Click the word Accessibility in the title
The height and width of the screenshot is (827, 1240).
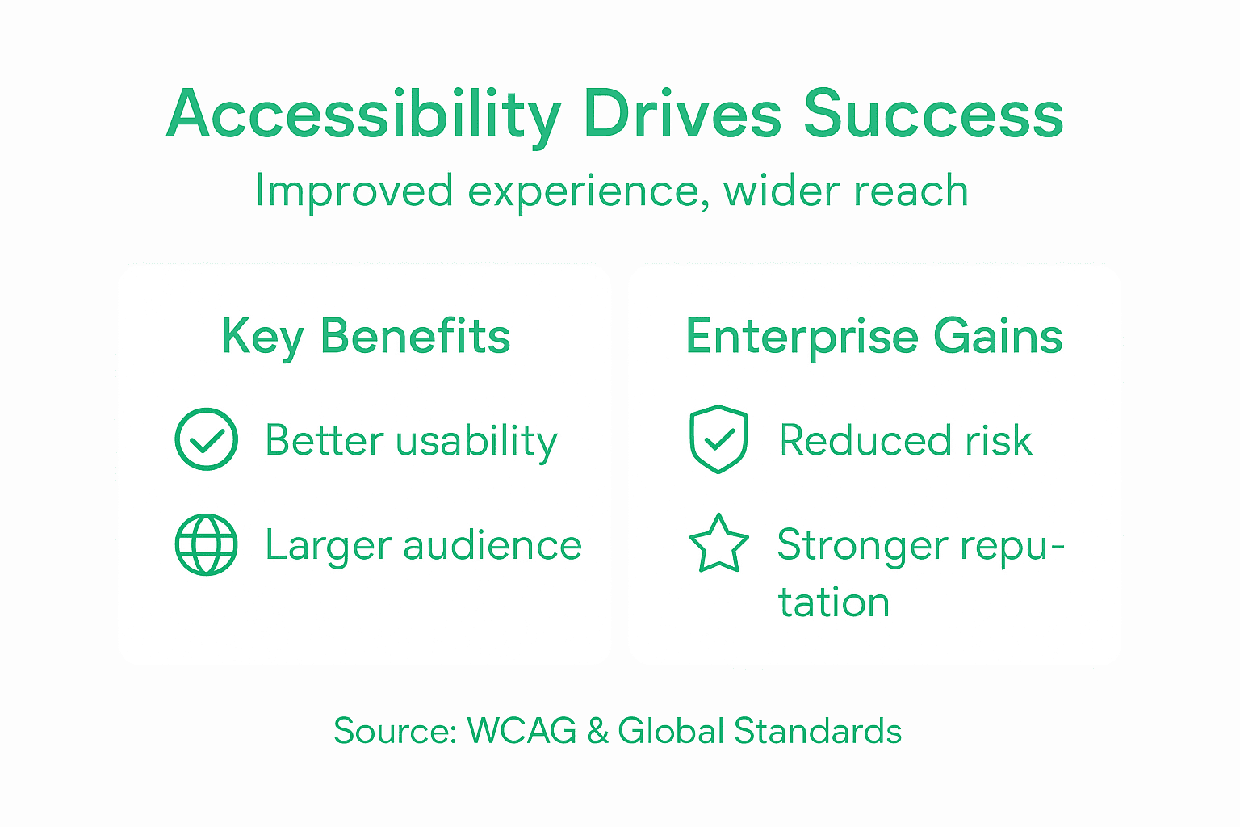pos(363,115)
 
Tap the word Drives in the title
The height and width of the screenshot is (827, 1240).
pos(682,115)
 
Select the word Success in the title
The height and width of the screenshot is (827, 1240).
pos(933,115)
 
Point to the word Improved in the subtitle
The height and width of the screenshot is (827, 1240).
pos(354,192)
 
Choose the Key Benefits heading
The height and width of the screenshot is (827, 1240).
pos(366,337)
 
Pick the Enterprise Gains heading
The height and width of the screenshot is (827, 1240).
pos(873,337)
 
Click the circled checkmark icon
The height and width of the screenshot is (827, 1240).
pos(207,439)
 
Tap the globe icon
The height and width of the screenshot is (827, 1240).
pos(207,544)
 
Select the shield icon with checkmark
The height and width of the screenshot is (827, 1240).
pos(718,439)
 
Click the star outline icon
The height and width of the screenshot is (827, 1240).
pos(718,544)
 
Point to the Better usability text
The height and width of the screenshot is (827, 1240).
pos(411,441)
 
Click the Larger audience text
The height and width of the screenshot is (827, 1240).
pos(423,546)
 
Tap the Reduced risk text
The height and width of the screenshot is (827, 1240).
pos(906,441)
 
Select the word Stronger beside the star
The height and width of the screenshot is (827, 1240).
pos(862,546)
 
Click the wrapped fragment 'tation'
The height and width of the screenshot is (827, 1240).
pos(834,602)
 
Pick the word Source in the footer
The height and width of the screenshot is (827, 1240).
pos(395,732)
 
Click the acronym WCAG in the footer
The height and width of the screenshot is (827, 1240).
pos(522,732)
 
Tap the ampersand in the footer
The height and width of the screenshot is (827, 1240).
pos(597,732)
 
